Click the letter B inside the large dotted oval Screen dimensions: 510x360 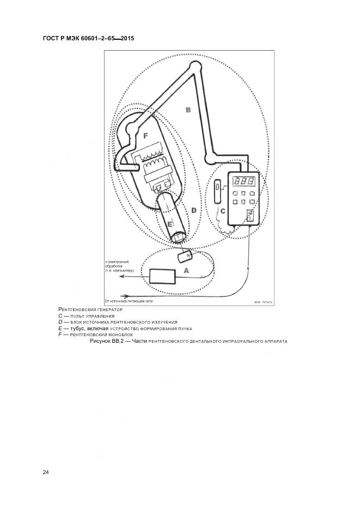[x=188, y=110]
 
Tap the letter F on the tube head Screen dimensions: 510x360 [x=145, y=134]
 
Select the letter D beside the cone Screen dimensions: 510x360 [x=193, y=210]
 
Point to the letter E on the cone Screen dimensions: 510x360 [x=170, y=224]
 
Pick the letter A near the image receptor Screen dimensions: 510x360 [x=186, y=270]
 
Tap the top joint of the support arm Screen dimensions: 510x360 [x=194, y=67]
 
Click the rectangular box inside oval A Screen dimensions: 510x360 [x=162, y=276]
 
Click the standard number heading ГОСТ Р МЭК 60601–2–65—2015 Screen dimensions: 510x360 [x=88, y=39]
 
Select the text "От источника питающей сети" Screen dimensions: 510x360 [x=129, y=300]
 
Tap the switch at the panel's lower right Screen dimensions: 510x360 [x=251, y=215]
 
